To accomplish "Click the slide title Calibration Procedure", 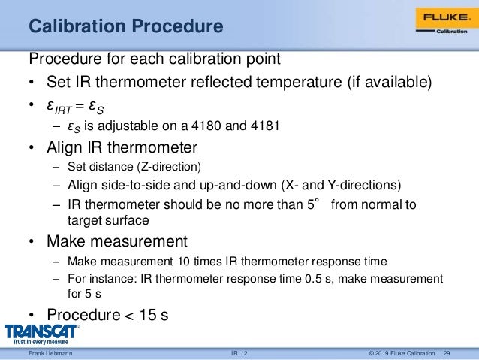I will pyautogui.click(x=125, y=27).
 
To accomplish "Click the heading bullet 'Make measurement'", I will pyautogui.click(x=116, y=242).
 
